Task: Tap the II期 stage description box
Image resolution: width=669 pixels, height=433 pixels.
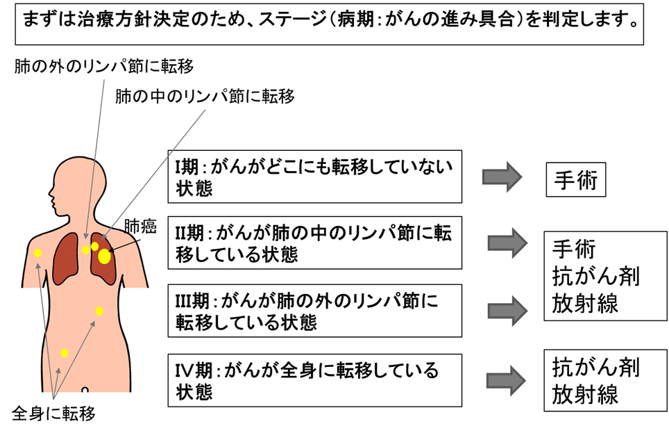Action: (x=314, y=243)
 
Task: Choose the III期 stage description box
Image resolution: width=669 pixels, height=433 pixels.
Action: (x=314, y=311)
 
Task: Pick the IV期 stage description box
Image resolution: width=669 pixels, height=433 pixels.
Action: (x=314, y=379)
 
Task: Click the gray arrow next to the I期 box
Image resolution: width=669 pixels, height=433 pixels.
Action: (x=501, y=177)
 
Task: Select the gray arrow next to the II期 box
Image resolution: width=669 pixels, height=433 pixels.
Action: (x=508, y=243)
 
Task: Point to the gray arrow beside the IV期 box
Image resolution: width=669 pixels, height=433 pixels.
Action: (x=508, y=379)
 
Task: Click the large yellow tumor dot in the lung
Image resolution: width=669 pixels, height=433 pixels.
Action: (x=104, y=256)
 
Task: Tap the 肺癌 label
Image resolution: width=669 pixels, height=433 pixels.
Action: (x=140, y=227)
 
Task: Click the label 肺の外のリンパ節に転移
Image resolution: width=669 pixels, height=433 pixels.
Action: (x=103, y=66)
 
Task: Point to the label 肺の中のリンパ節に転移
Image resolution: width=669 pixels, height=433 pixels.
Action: (x=205, y=96)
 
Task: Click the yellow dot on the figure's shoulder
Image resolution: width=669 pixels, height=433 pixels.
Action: (x=38, y=253)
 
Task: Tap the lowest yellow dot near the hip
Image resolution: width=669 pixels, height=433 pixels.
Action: (x=64, y=353)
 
